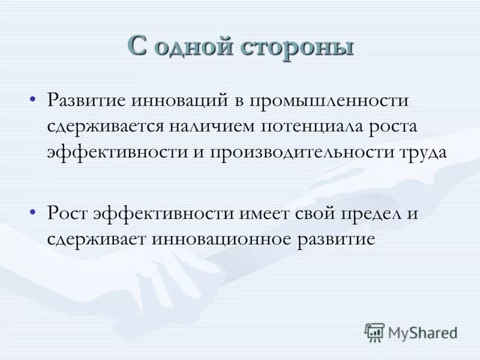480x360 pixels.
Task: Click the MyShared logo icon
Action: [374, 332]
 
